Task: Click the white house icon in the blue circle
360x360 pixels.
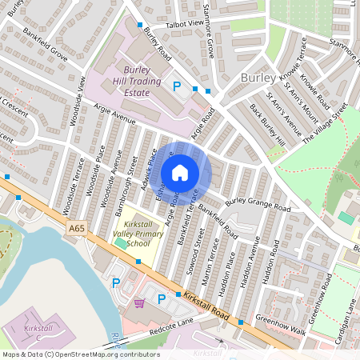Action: coord(180,173)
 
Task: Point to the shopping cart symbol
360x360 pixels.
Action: coord(140,303)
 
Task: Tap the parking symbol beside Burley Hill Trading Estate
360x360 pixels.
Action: coord(177,86)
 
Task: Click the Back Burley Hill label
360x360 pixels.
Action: coord(267,124)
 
